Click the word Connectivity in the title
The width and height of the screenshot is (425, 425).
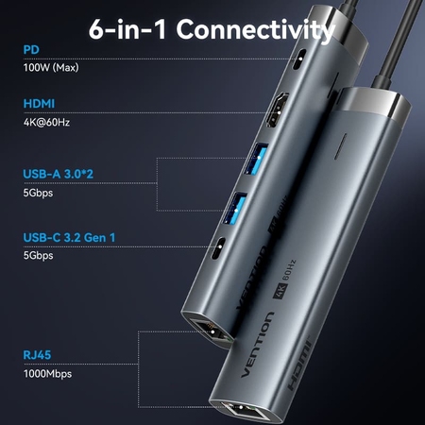(256, 29)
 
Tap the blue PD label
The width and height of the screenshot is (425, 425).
(31, 50)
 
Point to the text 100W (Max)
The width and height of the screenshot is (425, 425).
(51, 67)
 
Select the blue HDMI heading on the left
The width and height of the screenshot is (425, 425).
(39, 104)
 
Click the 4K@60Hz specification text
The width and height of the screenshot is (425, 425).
(46, 122)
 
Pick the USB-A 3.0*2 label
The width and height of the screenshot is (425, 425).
(59, 174)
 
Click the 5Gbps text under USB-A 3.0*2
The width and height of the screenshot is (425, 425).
(38, 193)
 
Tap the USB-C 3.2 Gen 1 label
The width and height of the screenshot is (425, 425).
(69, 237)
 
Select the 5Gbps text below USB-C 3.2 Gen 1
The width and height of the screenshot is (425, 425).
(38, 255)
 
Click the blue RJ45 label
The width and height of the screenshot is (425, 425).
(37, 355)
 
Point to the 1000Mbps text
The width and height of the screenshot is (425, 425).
(47, 374)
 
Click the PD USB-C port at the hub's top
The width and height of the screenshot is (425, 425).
(299, 59)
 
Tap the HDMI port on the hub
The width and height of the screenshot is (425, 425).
(277, 110)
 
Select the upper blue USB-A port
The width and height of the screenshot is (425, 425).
(257, 159)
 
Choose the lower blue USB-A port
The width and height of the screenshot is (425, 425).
(235, 208)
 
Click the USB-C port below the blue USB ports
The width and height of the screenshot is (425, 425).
(218, 248)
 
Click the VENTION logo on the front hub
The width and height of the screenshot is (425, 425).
(257, 345)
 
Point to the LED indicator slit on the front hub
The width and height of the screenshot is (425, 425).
(340, 146)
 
